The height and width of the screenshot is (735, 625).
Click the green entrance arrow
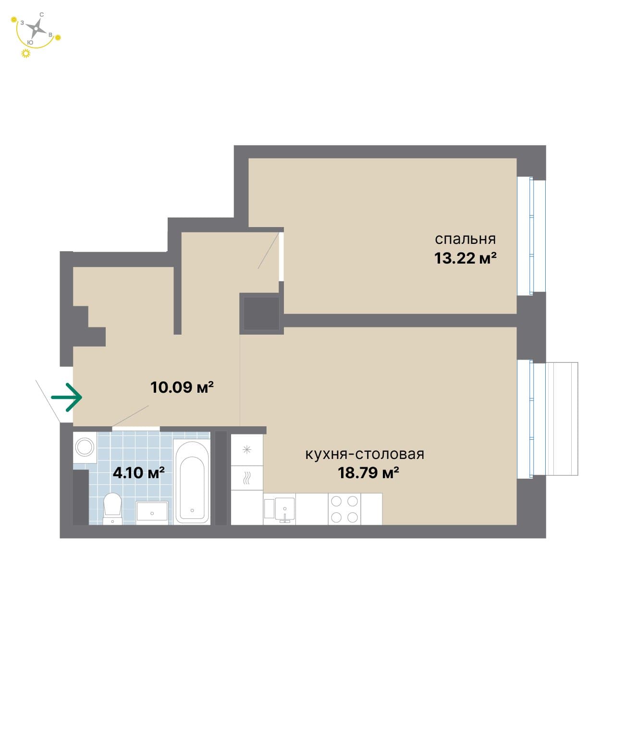(67, 397)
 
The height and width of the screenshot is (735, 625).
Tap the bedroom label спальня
(465, 240)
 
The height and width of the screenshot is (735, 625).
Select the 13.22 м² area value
(465, 258)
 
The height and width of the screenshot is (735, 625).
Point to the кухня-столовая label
(365, 455)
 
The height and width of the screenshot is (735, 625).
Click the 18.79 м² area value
(368, 473)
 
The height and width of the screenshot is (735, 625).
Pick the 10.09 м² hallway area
(182, 387)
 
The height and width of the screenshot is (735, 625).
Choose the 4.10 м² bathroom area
(138, 473)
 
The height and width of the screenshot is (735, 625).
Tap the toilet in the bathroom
(112, 509)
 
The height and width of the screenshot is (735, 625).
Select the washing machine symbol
(85, 447)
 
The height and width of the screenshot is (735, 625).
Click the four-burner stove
(344, 509)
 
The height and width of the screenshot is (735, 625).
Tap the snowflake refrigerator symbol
(246, 450)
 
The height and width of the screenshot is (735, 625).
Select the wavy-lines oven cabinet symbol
(246, 478)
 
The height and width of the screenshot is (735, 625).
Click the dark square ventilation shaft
(261, 313)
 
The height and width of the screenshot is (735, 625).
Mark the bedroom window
(531, 237)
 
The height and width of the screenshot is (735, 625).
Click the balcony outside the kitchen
(561, 419)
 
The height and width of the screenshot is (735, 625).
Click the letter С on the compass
(42, 14)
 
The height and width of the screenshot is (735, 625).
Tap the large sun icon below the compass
(25, 53)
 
